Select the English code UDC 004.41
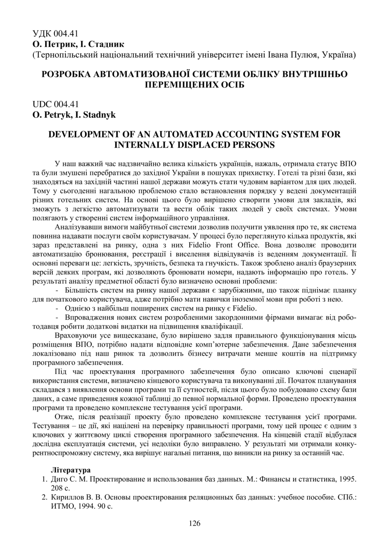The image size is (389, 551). coord(55,104)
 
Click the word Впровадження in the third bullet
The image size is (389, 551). coord(90,317)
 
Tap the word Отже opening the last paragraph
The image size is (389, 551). coord(63,416)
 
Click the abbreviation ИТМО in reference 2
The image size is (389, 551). coord(63,506)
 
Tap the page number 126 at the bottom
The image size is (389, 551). coord(194,523)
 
